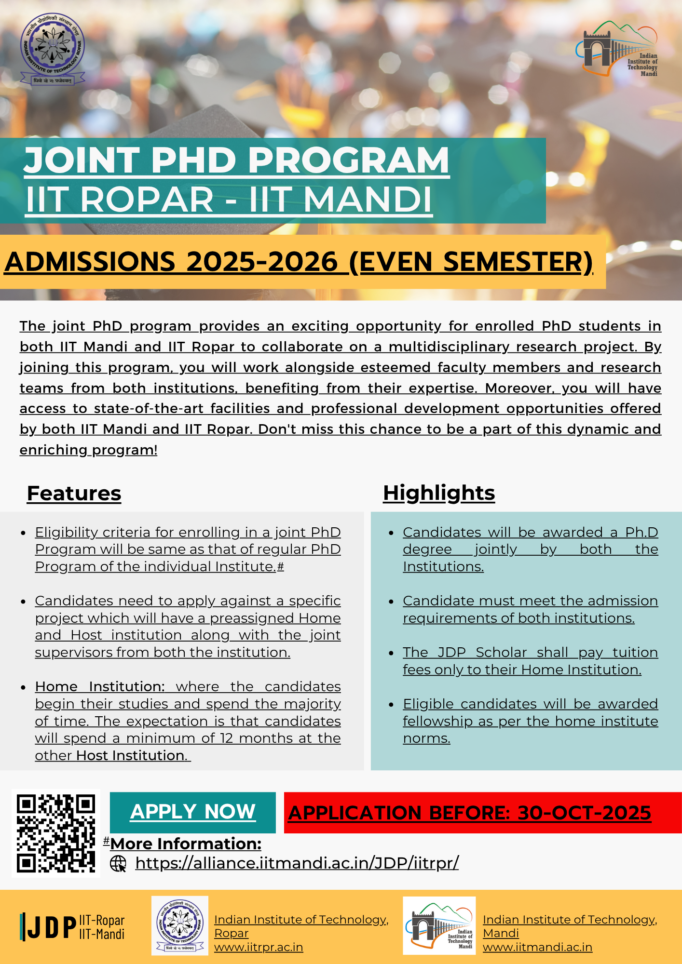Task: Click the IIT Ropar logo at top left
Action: (x=52, y=49)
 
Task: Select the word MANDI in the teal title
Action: (x=368, y=200)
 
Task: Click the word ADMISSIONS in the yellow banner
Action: (x=90, y=262)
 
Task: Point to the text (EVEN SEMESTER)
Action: (x=471, y=262)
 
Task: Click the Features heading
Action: (x=74, y=494)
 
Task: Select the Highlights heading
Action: (x=439, y=493)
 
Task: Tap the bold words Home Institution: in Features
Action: (x=100, y=686)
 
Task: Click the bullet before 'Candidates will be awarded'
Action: (x=392, y=533)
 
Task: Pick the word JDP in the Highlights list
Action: (x=451, y=652)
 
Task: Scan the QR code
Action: (x=56, y=833)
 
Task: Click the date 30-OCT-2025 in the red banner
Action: (x=584, y=813)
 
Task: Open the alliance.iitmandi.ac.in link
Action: (x=297, y=863)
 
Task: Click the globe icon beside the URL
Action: (x=118, y=863)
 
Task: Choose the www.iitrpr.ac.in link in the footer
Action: (x=259, y=947)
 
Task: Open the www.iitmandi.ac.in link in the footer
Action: (x=537, y=947)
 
